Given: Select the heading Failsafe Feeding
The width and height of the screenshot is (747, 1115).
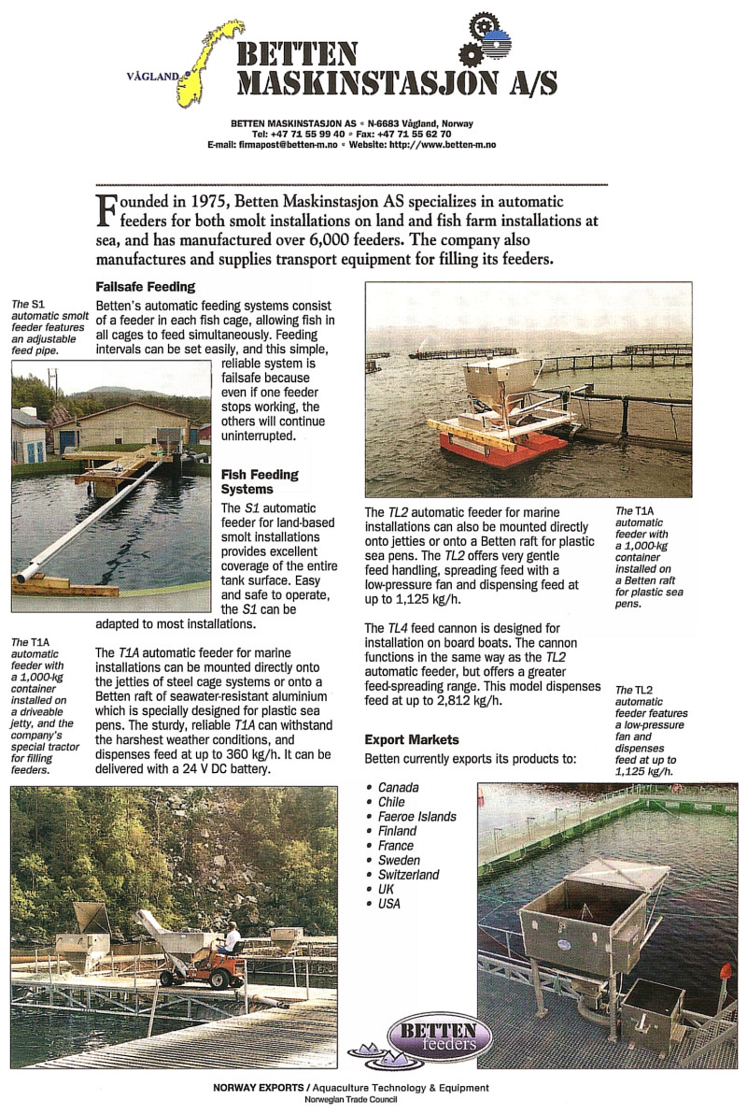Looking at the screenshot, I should pyautogui.click(x=145, y=287).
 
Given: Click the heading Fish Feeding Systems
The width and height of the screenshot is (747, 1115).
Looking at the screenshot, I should pyautogui.click(x=260, y=481).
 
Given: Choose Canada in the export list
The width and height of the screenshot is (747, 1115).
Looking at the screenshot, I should pyautogui.click(x=399, y=787).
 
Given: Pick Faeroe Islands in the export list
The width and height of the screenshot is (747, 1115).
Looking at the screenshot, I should pyautogui.click(x=417, y=816).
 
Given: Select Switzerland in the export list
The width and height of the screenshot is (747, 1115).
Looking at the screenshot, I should pyautogui.click(x=408, y=874).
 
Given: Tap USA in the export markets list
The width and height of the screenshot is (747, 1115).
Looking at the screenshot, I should pyautogui.click(x=389, y=904).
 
